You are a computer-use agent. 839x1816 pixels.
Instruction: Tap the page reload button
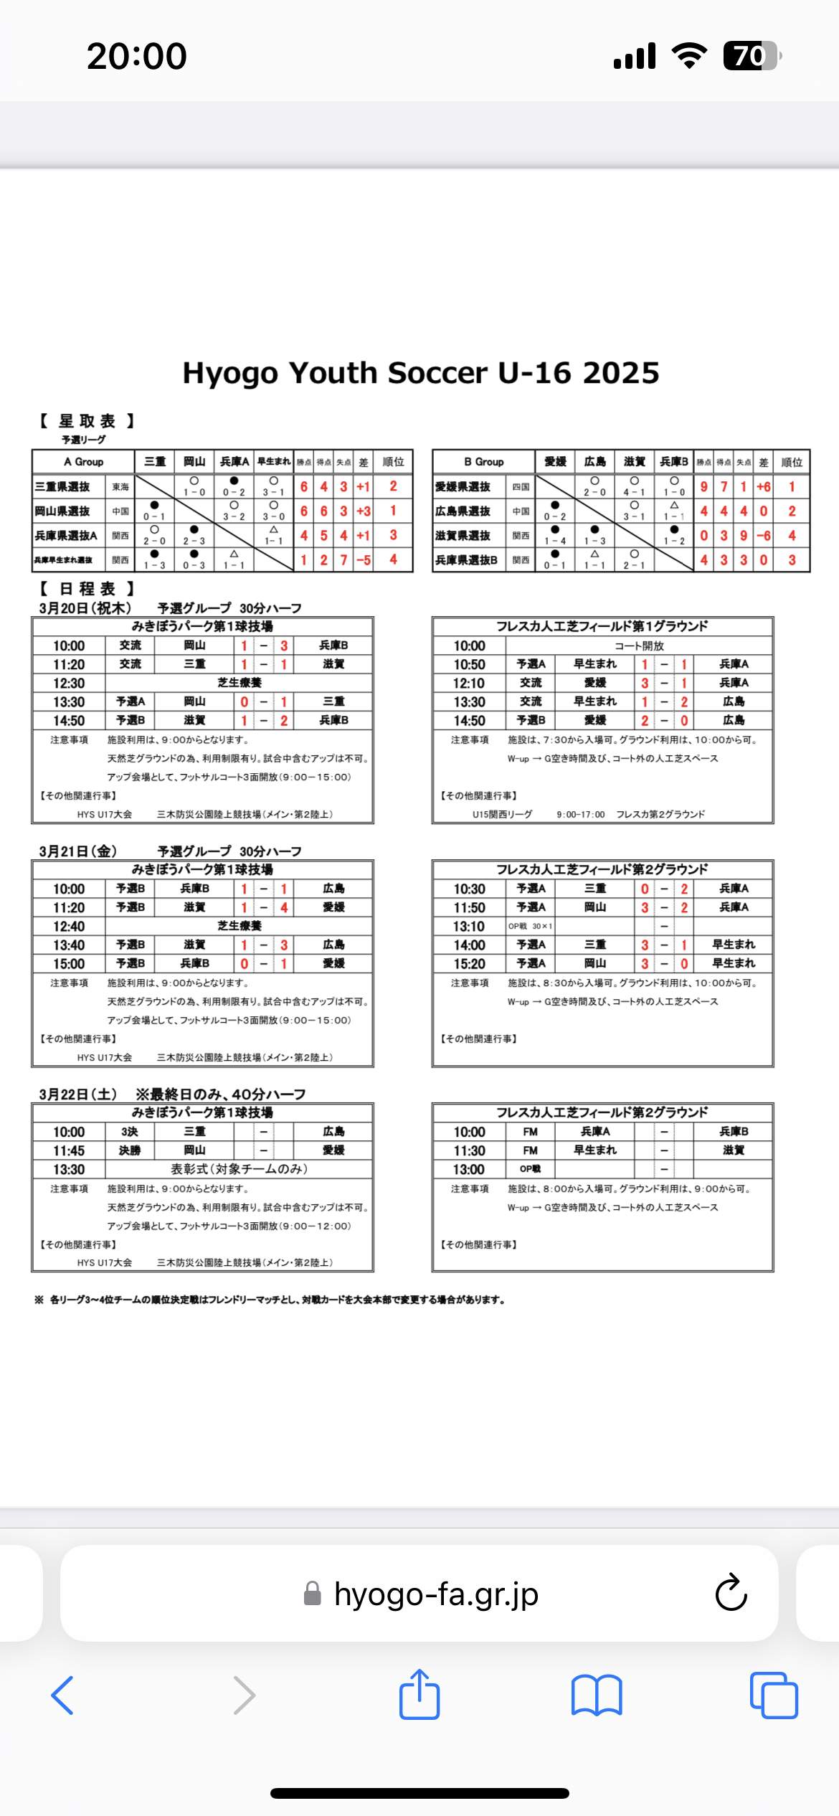(x=731, y=1593)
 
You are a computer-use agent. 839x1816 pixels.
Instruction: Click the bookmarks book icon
(x=597, y=1696)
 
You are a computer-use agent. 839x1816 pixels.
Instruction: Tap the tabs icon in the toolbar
(x=773, y=1696)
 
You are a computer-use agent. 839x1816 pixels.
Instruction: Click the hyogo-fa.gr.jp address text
(x=436, y=1594)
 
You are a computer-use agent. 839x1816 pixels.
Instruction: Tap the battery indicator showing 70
(x=751, y=56)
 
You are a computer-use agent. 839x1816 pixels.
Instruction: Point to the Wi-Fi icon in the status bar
(x=689, y=56)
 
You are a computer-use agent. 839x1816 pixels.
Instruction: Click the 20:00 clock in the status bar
(x=137, y=56)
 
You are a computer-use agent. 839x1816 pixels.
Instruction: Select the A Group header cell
(x=83, y=462)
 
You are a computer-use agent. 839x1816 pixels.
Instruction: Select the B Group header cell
(x=483, y=462)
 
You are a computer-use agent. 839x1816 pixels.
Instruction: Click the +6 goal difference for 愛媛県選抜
(x=764, y=487)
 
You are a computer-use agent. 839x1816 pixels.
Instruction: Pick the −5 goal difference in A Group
(x=364, y=560)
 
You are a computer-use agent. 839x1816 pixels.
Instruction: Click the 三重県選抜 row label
(x=63, y=487)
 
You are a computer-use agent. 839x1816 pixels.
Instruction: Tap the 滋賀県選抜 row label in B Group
(x=463, y=536)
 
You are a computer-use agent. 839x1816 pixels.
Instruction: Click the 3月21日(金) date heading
(x=78, y=851)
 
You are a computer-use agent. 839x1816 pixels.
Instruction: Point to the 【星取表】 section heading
(x=87, y=421)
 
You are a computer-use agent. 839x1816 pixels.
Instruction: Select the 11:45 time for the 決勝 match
(x=69, y=1150)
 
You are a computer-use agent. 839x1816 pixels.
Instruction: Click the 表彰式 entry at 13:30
(x=239, y=1169)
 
